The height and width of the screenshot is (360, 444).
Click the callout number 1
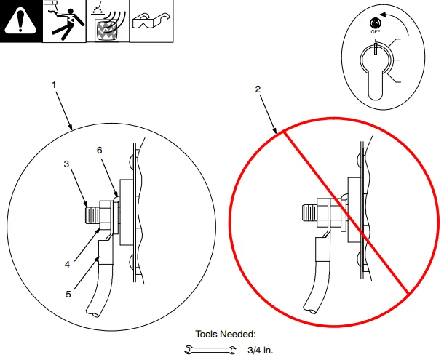(x=55, y=85)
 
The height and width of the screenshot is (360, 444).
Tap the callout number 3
(x=66, y=164)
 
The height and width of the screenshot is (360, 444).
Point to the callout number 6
(x=100, y=150)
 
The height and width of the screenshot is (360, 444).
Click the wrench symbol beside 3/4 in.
(x=213, y=351)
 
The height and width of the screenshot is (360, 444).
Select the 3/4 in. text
(x=260, y=351)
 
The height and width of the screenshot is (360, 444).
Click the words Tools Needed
(x=226, y=335)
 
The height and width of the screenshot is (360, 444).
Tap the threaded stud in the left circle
(x=92, y=215)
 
